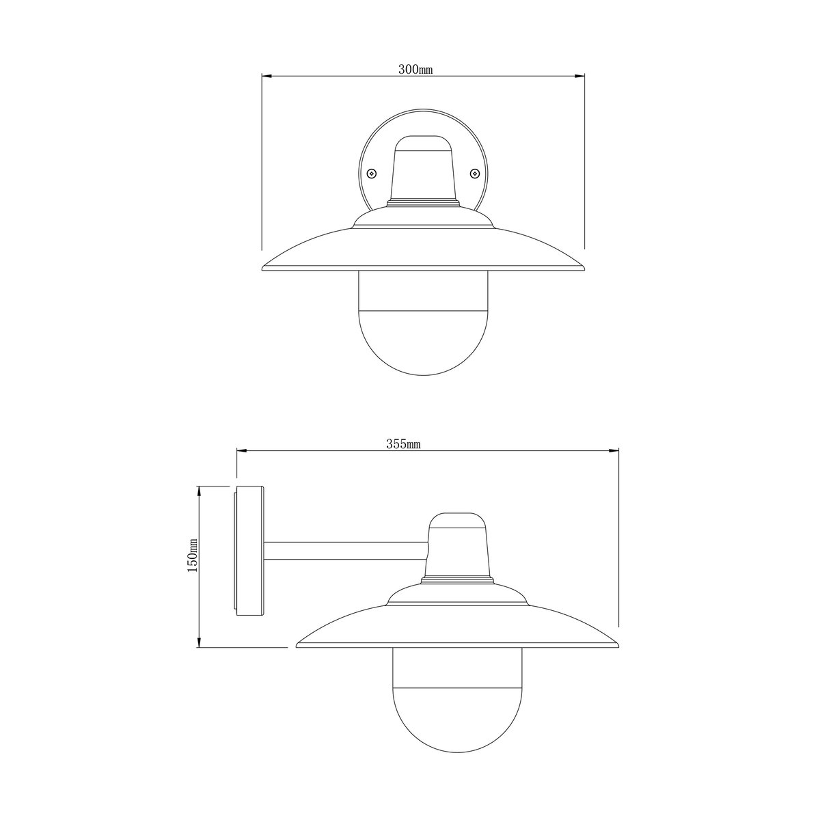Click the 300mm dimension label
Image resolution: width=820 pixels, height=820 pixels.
[415, 70]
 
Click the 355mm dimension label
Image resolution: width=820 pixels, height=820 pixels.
[403, 444]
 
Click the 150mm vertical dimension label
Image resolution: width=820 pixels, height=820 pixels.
[193, 555]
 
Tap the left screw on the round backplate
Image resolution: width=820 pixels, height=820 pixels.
[372, 173]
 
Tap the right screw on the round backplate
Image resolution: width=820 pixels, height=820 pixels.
[474, 173]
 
